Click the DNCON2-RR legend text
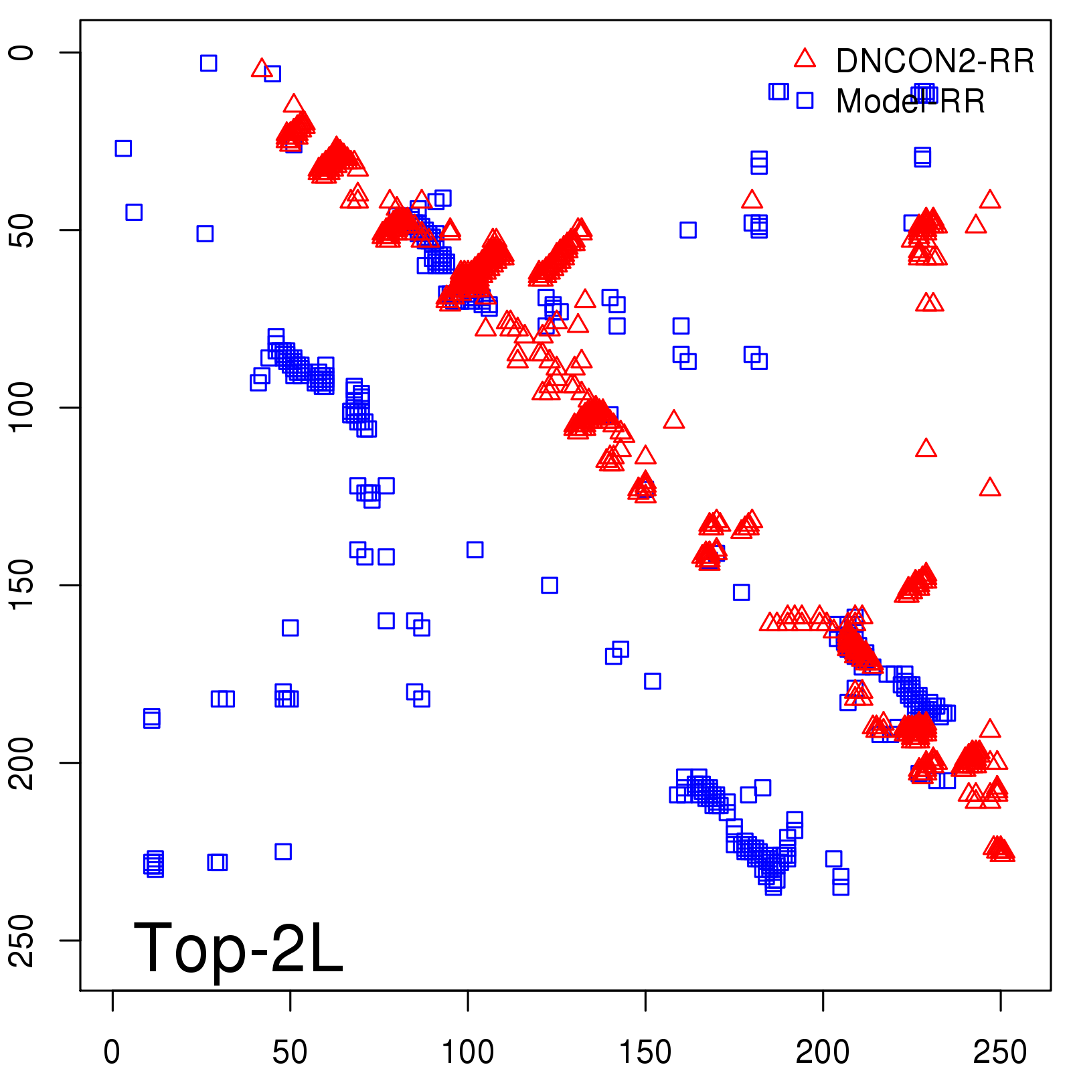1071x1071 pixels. (x=934, y=62)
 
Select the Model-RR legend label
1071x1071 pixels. (x=910, y=102)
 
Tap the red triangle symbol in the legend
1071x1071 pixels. (x=805, y=59)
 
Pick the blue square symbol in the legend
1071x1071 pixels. (x=805, y=100)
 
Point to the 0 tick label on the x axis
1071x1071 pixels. (x=112, y=1052)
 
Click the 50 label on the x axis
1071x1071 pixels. (x=290, y=1052)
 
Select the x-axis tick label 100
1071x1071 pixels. (x=467, y=1052)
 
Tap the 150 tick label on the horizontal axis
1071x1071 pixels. (x=645, y=1052)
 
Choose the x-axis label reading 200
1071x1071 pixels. (x=823, y=1052)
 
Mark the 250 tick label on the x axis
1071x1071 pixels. (x=1000, y=1052)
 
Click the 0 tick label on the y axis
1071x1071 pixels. (x=23, y=53)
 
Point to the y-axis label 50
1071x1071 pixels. (x=23, y=230)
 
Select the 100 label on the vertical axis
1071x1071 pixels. (x=23, y=408)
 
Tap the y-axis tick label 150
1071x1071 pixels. (x=23, y=585)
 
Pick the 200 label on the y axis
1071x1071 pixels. (x=23, y=762)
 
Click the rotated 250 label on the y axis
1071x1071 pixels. (x=23, y=940)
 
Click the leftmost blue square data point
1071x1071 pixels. (x=123, y=148)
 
